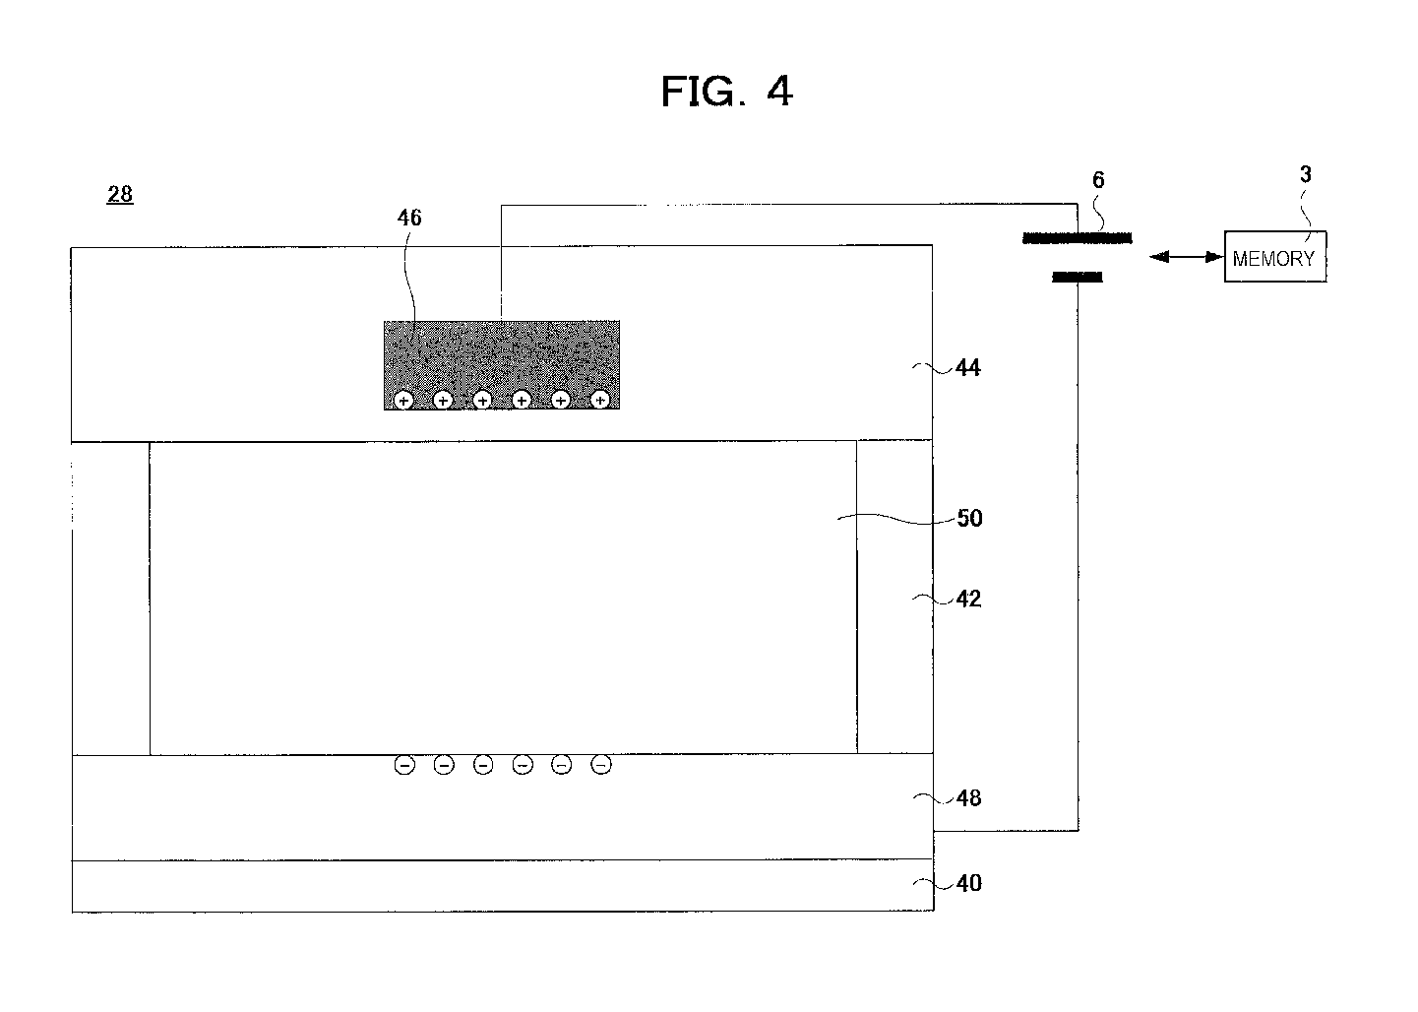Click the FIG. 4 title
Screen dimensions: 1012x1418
click(x=726, y=92)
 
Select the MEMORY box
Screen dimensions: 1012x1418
click(x=1274, y=257)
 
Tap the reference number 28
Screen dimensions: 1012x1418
click(x=120, y=194)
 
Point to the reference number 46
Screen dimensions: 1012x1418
click(x=408, y=218)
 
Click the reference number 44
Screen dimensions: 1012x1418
click(x=968, y=368)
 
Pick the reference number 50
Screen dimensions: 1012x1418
click(x=969, y=519)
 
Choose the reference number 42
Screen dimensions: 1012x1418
click(x=968, y=599)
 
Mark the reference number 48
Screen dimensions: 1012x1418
click(x=968, y=798)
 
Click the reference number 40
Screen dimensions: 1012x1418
click(x=968, y=884)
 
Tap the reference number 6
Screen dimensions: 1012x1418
click(x=1098, y=180)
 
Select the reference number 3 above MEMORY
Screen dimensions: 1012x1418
click(x=1305, y=175)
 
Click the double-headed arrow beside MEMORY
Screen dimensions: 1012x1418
click(x=1186, y=257)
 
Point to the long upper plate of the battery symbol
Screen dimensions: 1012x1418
click(x=1078, y=238)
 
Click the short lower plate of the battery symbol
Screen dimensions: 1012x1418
click(x=1078, y=279)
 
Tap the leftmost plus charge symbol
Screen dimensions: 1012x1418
click(x=403, y=400)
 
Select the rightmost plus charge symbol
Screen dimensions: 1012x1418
click(x=599, y=400)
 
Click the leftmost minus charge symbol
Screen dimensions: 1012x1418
click(x=404, y=765)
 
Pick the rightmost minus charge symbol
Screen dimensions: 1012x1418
click(x=601, y=765)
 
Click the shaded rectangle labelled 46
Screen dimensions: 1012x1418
click(x=502, y=354)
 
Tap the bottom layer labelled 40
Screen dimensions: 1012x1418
click(x=502, y=886)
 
